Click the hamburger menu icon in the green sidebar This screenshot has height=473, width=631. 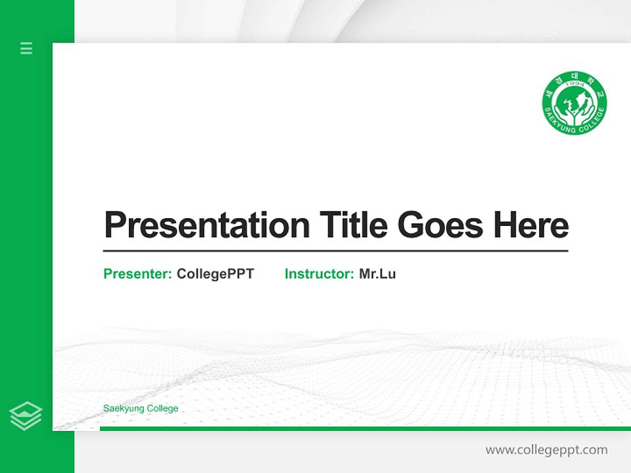coord(26,48)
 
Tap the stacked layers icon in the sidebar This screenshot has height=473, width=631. coord(26,416)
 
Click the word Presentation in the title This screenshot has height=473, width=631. coord(207,225)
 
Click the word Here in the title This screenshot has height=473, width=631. coord(530,225)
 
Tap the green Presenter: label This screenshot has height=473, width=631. coord(138,274)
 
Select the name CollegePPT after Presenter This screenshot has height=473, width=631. coord(215,274)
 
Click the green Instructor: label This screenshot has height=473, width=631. coord(319,274)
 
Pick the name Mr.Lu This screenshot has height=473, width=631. coord(377,274)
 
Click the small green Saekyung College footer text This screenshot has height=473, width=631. coord(141,409)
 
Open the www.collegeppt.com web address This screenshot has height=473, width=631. coord(546,450)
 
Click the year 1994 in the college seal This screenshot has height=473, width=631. coord(574,85)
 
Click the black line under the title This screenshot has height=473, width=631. coord(335,251)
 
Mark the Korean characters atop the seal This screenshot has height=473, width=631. coord(574,78)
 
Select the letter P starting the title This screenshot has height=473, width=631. coord(115,225)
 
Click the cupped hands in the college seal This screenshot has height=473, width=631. coord(574,113)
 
